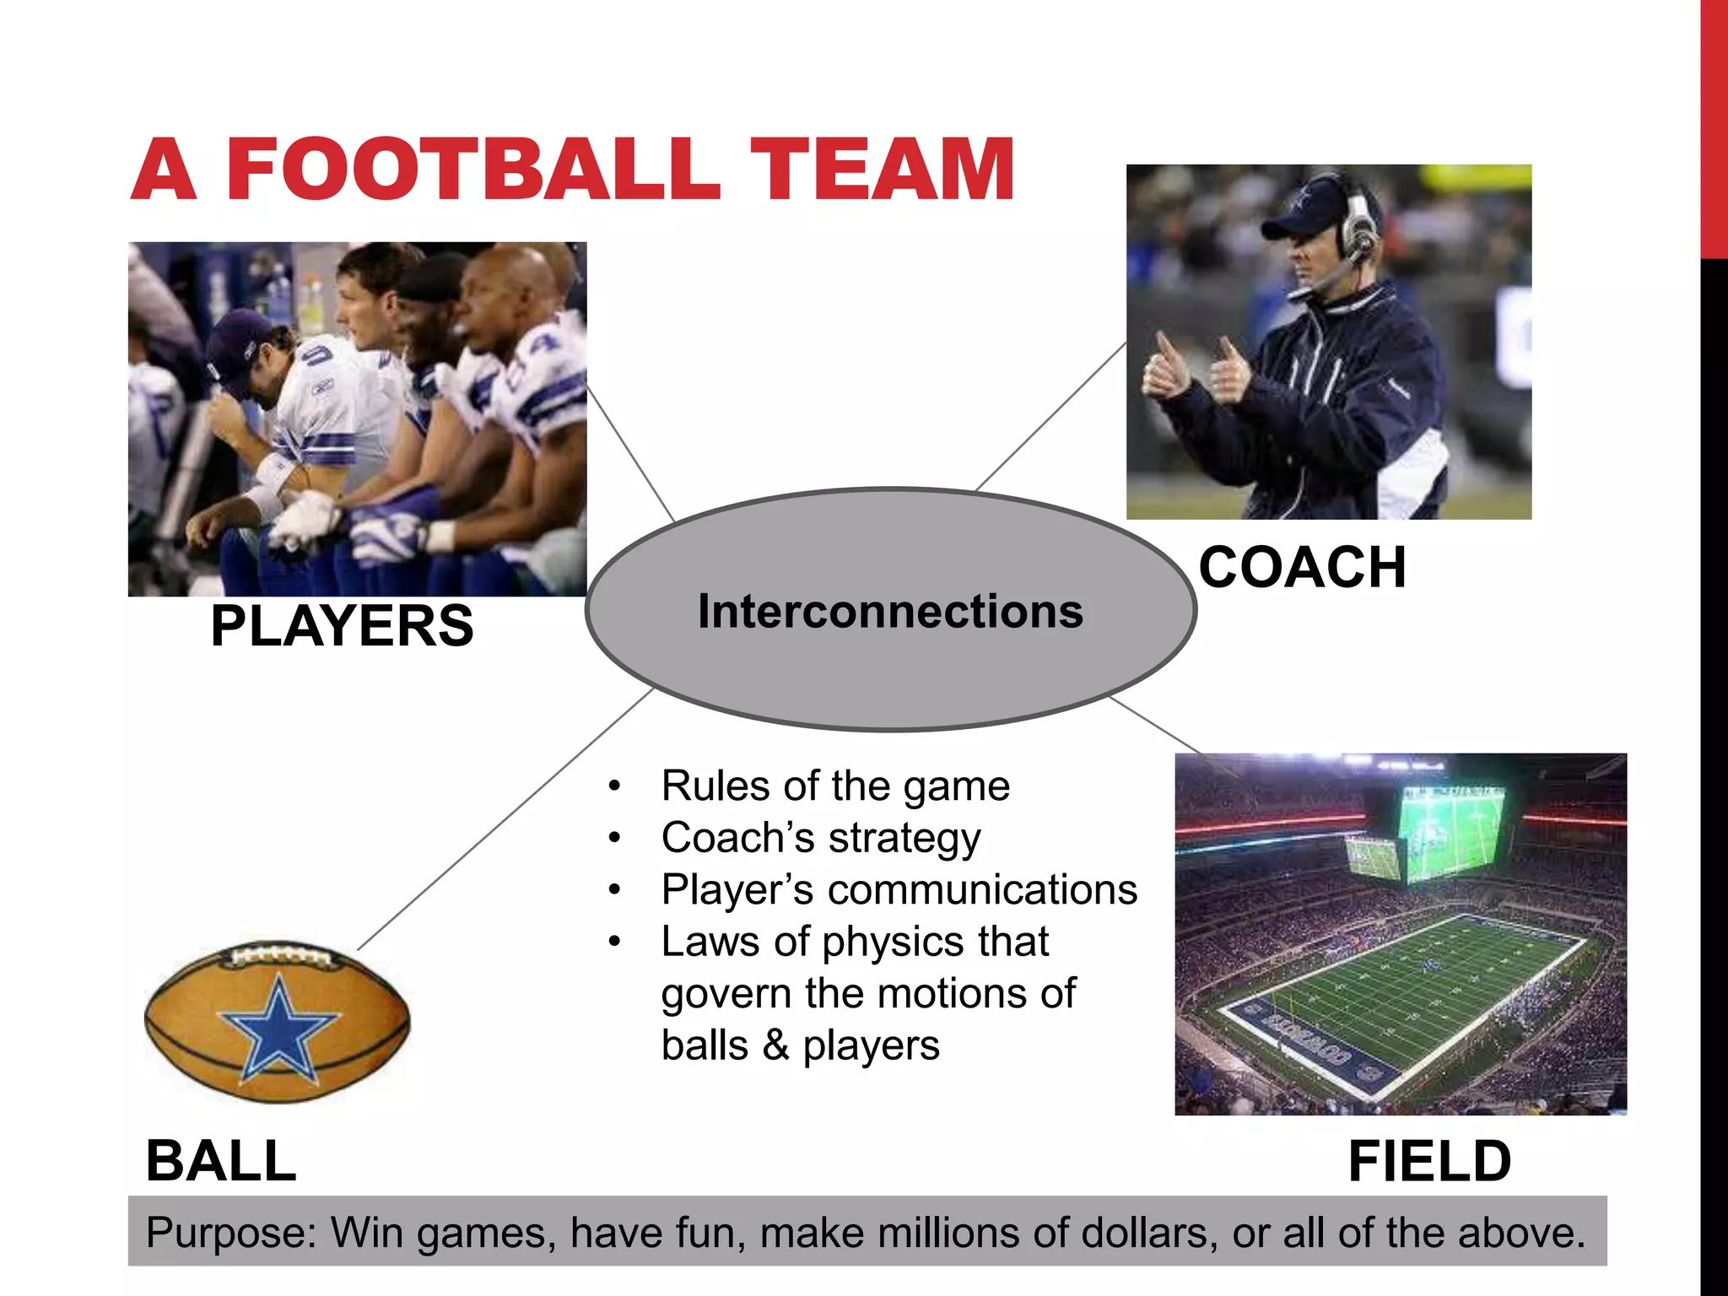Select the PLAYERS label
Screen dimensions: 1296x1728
pyautogui.click(x=342, y=626)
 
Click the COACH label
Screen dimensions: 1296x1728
pyautogui.click(x=1302, y=567)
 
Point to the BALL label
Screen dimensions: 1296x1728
pyautogui.click(x=221, y=1161)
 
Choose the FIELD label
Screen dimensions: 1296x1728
pyautogui.click(x=1429, y=1161)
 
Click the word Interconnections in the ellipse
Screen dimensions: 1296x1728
pyautogui.click(x=890, y=611)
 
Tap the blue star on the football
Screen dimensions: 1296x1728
pyautogui.click(x=278, y=1034)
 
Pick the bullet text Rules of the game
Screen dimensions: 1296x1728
pyautogui.click(x=835, y=786)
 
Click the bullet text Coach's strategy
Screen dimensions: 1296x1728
pyautogui.click(x=821, y=838)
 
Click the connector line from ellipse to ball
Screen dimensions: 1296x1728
pyautogui.click(x=506, y=818)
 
